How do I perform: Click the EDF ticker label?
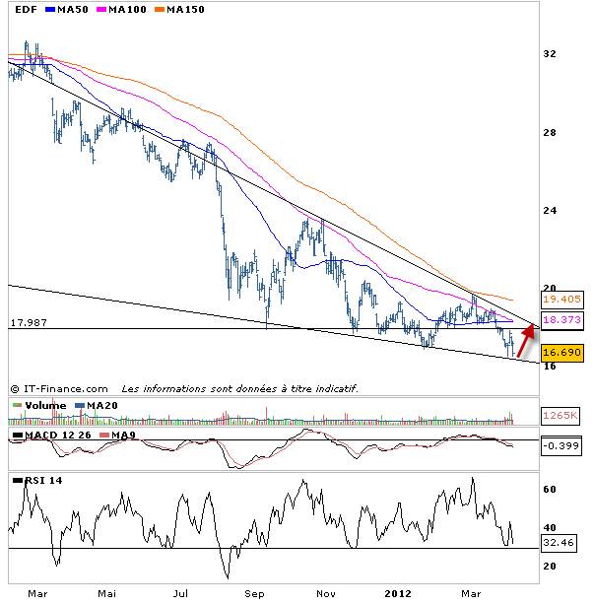[x=27, y=10]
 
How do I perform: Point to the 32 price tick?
[x=552, y=56]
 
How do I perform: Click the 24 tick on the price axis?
[x=552, y=211]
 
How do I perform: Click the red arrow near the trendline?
[x=527, y=339]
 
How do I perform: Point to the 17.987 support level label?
[x=30, y=322]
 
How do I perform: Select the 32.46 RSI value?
[x=559, y=542]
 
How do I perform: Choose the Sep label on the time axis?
[x=255, y=594]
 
